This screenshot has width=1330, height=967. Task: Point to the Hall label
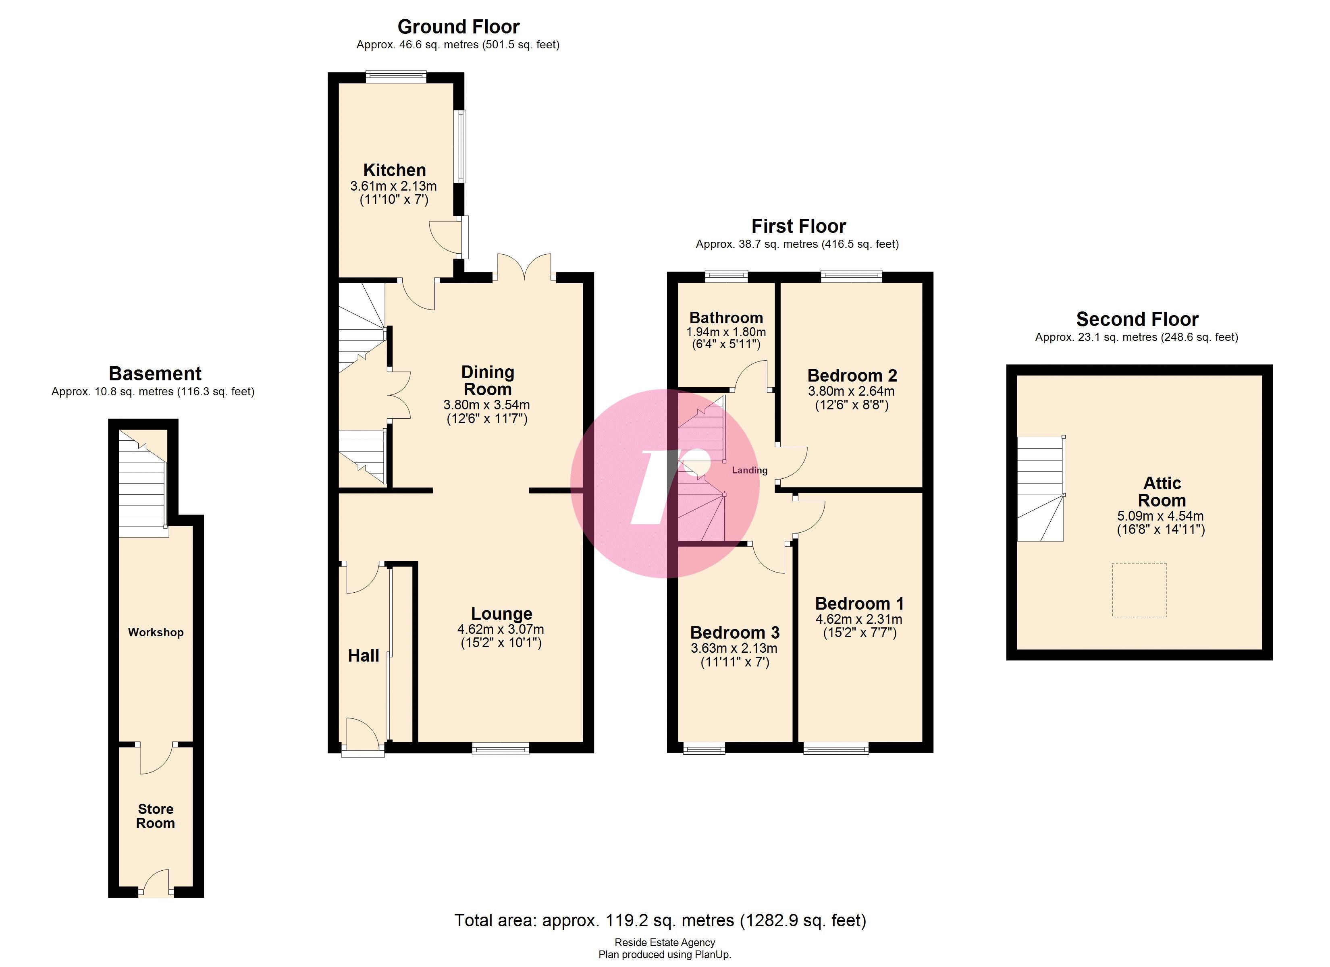click(x=364, y=656)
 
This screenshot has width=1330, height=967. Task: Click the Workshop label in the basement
click(x=156, y=632)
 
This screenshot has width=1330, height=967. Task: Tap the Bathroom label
click(x=726, y=318)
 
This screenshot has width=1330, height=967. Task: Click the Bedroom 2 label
click(x=852, y=375)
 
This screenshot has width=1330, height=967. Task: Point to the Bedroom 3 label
click(x=735, y=633)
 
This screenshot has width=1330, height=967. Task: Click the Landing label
click(x=750, y=470)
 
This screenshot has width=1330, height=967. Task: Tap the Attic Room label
click(x=1162, y=492)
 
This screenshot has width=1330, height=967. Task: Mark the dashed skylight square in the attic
click(x=1139, y=590)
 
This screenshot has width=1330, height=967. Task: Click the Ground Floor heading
click(x=458, y=27)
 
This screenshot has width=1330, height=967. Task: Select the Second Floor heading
click(x=1137, y=319)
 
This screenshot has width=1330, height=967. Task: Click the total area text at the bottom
click(x=660, y=920)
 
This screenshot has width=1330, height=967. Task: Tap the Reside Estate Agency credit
click(x=665, y=942)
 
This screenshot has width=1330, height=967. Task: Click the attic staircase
click(x=1040, y=488)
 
